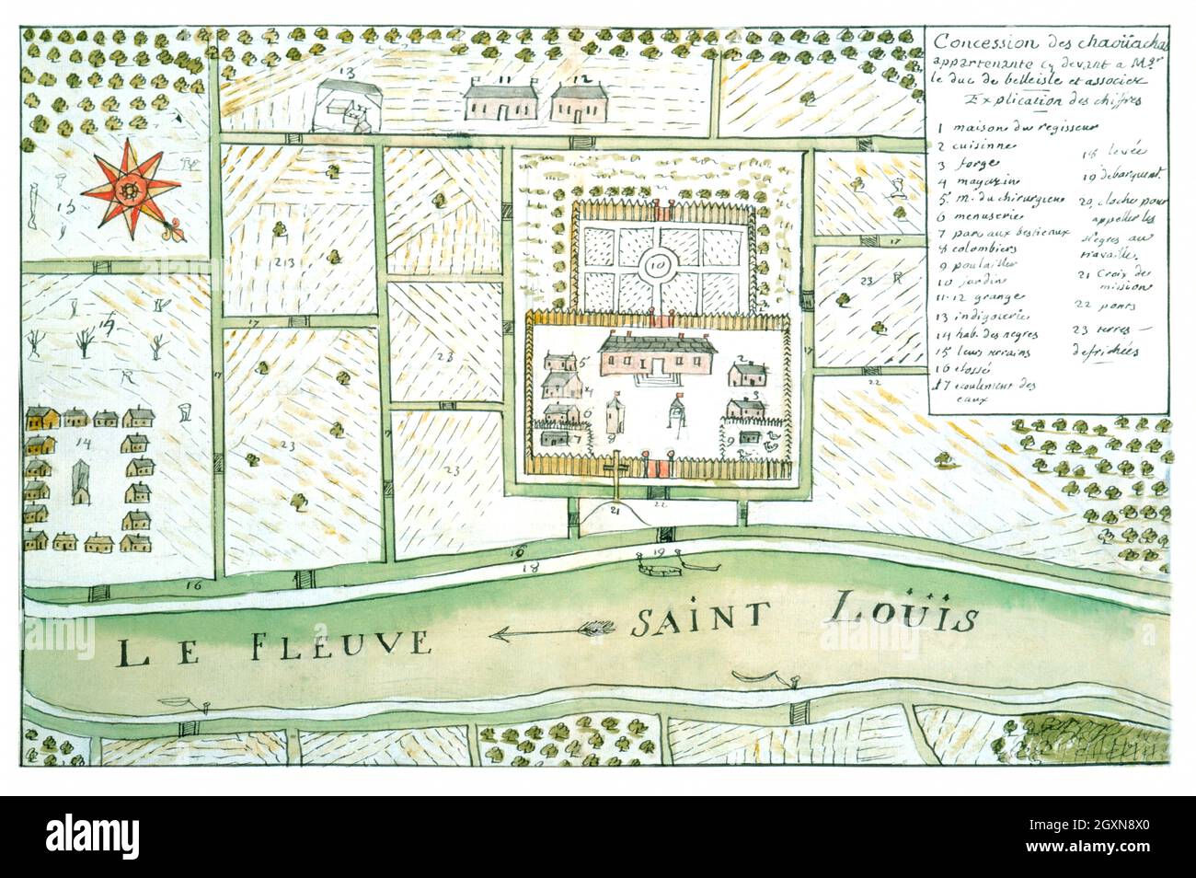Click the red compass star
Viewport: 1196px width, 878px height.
pos(131,191)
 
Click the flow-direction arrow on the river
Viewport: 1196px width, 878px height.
pos(552,632)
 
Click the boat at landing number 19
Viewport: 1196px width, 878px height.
pos(661,571)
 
